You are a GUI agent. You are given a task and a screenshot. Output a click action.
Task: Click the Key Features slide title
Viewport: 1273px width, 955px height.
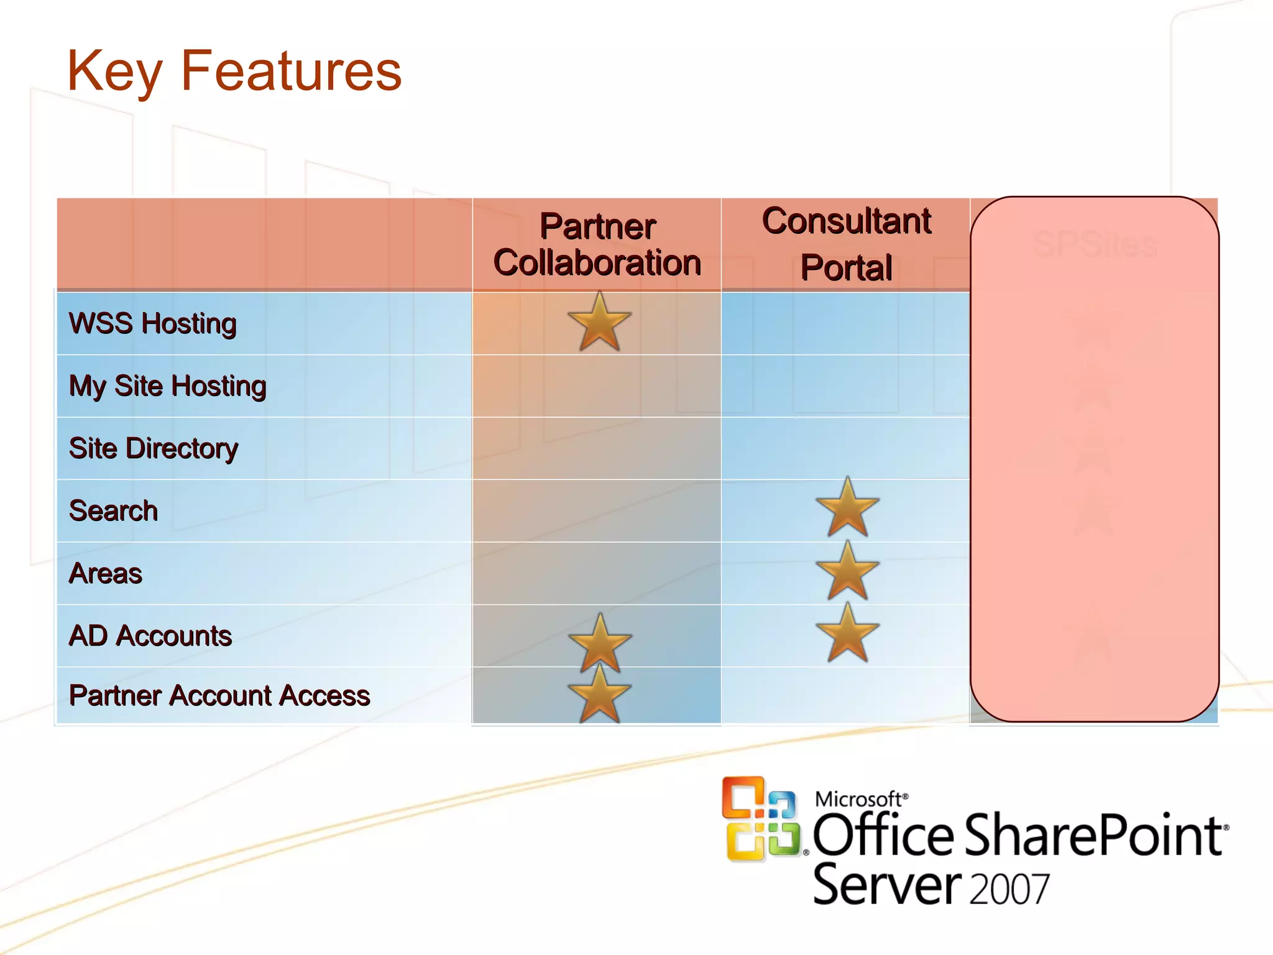pos(234,72)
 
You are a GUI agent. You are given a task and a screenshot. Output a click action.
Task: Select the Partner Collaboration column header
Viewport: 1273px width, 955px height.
pos(597,244)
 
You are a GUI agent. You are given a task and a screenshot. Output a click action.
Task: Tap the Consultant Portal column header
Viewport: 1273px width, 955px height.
pos(847,244)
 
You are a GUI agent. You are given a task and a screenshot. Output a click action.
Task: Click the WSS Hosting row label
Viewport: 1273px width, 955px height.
pos(153,323)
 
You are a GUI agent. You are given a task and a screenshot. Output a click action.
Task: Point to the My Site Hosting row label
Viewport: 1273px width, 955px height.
pos(168,386)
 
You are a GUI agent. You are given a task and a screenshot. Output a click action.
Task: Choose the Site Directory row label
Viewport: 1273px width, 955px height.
pos(154,448)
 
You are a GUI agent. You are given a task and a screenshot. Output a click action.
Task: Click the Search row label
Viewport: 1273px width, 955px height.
pos(114,510)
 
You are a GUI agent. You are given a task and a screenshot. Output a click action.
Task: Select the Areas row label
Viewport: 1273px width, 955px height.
pos(106,573)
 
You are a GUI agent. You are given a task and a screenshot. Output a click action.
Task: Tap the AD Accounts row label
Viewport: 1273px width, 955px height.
pos(150,635)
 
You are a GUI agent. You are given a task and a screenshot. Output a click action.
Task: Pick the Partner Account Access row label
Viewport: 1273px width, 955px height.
pos(219,695)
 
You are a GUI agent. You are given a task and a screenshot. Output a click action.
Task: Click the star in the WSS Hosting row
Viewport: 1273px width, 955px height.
pos(599,323)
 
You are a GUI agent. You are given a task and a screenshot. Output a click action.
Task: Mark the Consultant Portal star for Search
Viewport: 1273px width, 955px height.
pos(847,508)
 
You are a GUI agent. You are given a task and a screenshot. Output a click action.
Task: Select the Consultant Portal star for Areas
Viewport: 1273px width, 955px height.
pos(847,571)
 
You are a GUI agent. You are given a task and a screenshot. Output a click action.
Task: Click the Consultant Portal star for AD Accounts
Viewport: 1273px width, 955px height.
pos(847,633)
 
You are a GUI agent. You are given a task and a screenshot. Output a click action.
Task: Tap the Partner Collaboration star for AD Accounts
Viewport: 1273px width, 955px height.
pos(600,643)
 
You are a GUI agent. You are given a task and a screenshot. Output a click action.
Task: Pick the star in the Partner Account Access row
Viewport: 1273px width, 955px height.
pos(599,694)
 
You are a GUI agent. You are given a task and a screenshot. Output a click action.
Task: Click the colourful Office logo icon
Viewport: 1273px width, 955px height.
pos(761,818)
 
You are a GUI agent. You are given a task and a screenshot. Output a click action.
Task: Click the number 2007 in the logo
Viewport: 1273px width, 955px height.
pos(1009,889)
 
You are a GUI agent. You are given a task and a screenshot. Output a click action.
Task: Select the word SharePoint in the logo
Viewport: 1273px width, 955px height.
pos(1094,836)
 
